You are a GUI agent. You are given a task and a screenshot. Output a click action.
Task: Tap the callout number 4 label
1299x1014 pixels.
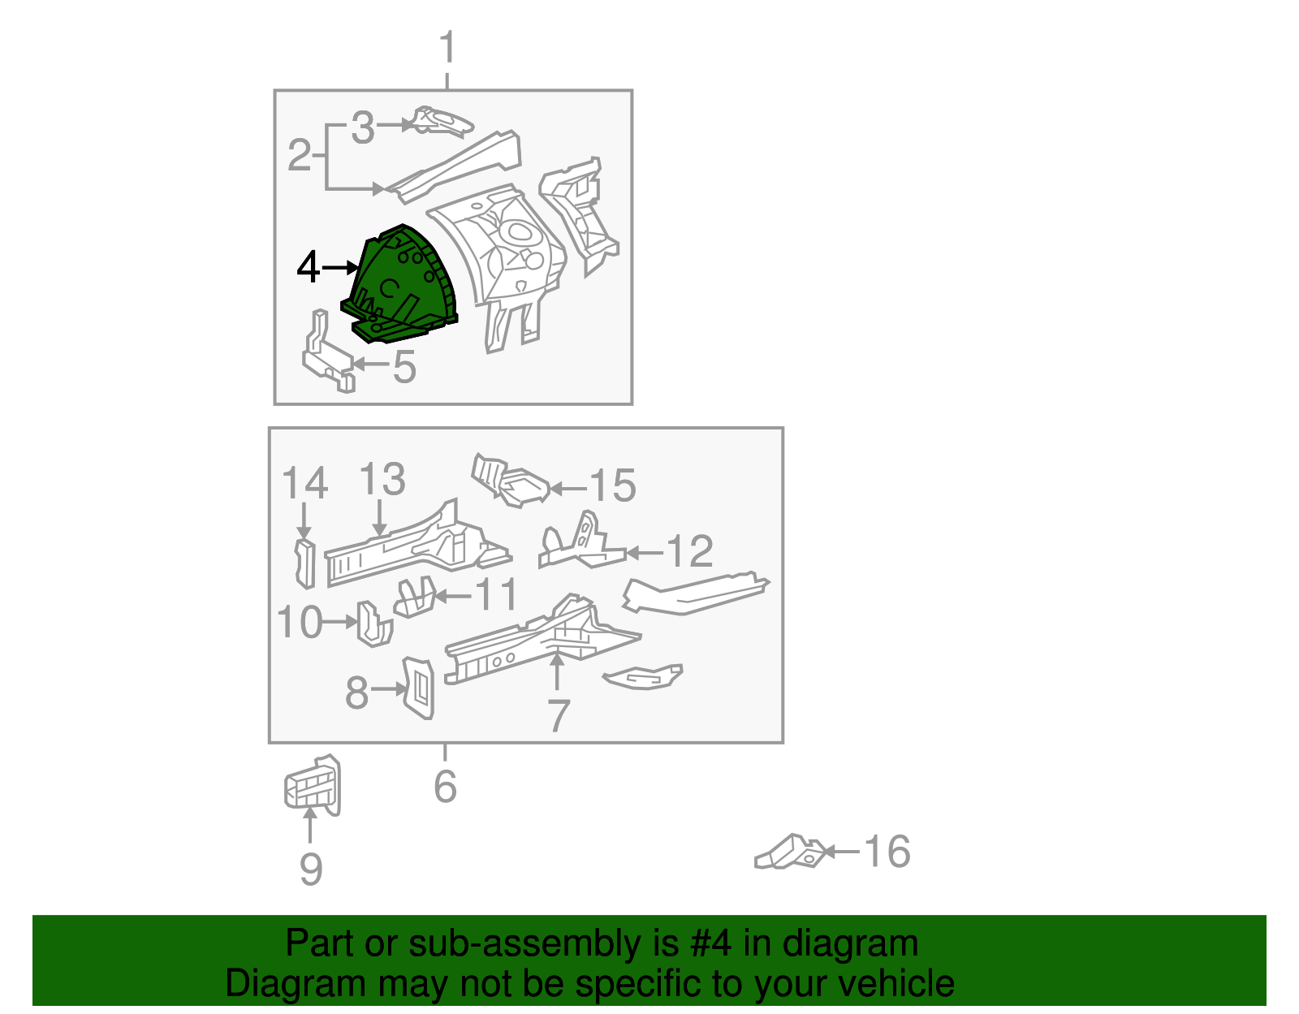tap(308, 267)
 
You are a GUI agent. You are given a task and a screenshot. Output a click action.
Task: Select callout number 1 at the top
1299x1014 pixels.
tap(447, 48)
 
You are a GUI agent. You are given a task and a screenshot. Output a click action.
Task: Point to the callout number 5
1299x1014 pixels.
tap(404, 366)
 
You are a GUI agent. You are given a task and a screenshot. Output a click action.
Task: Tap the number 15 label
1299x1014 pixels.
tap(612, 486)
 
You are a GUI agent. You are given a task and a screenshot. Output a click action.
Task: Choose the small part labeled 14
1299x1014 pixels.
tap(304, 562)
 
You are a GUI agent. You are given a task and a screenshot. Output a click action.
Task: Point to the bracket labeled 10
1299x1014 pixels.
tap(373, 624)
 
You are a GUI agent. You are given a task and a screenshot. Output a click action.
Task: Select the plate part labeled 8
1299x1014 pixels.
tap(419, 688)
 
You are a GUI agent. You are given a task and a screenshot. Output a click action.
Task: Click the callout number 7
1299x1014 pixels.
tap(558, 715)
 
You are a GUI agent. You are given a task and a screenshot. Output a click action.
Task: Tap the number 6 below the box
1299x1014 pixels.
tap(445, 786)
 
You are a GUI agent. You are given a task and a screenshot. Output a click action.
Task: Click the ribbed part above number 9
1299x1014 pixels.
tap(313, 785)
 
